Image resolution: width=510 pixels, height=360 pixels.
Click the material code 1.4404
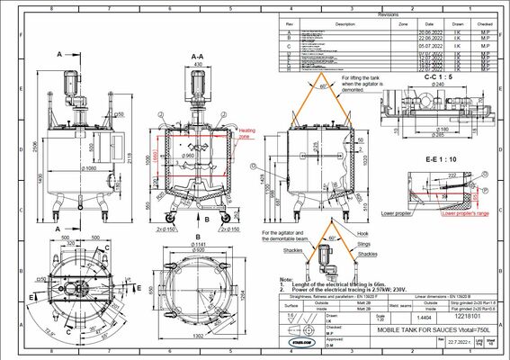[410, 317]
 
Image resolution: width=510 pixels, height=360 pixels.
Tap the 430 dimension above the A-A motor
[197, 65]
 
